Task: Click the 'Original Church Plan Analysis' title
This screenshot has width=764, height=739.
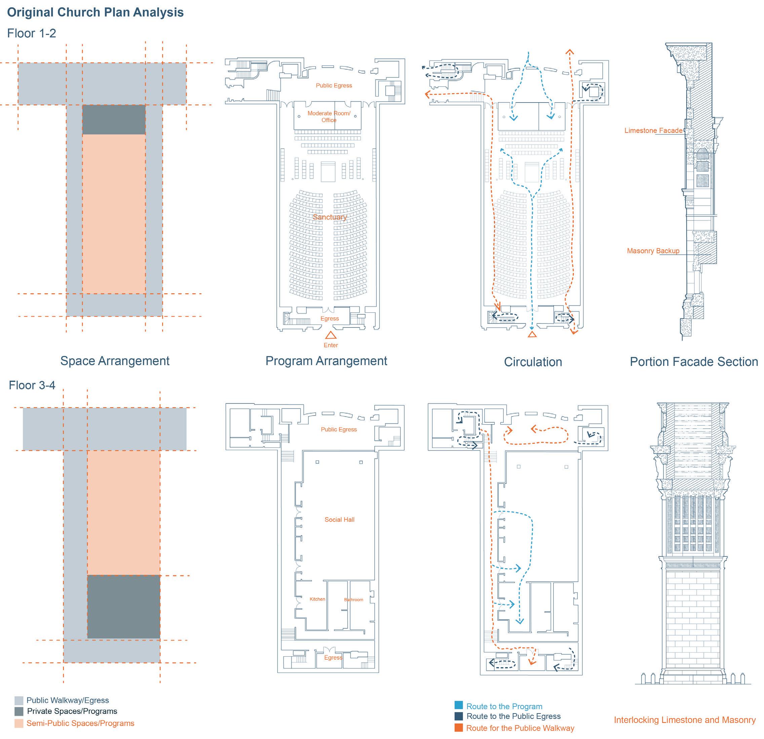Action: point(95,12)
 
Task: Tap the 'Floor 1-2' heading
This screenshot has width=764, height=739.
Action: point(32,34)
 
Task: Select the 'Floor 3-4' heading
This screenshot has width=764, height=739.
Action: point(32,386)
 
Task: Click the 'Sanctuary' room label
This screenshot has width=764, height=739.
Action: point(330,217)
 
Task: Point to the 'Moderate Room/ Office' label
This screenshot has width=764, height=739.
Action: point(329,117)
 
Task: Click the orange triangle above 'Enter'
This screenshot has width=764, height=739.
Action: point(331,335)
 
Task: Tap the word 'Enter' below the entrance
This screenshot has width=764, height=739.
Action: point(331,345)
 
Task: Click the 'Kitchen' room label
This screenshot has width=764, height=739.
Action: point(317,599)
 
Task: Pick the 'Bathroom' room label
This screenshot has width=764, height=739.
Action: point(353,599)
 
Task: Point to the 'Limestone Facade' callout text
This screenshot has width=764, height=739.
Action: point(653,130)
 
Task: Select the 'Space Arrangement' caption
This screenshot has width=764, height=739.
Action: point(115,361)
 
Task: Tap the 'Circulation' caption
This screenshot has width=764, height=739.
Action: point(533,362)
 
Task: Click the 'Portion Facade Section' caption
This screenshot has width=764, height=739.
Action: point(694,362)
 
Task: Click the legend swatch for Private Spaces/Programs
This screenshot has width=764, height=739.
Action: point(19,711)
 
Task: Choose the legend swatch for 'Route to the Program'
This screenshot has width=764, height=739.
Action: point(459,705)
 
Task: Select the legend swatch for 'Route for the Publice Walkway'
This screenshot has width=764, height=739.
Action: point(459,728)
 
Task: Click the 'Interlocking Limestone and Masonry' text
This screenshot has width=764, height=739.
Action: point(685,720)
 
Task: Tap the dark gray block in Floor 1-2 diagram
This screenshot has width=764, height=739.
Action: point(114,120)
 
